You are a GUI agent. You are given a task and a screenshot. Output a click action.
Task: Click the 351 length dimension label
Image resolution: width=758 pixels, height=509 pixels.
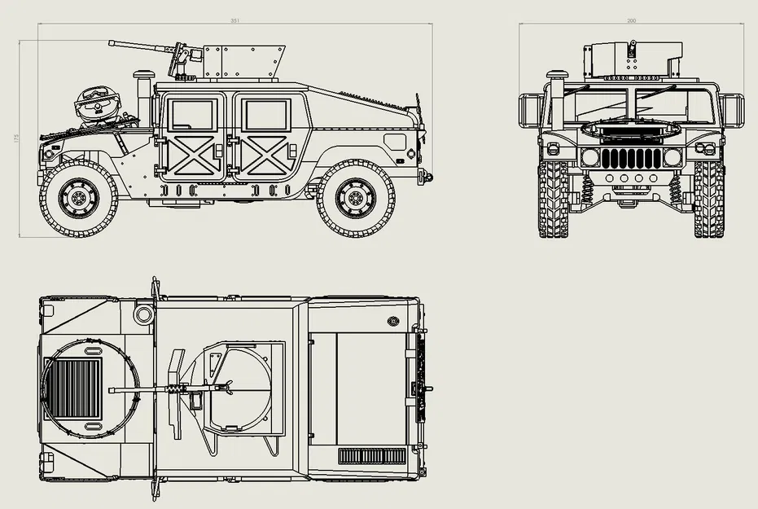[235, 20]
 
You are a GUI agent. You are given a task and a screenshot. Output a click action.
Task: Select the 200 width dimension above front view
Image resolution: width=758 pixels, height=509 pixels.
[632, 20]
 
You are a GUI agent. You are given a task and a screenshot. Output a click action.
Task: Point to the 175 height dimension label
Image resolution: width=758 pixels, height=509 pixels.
[15, 138]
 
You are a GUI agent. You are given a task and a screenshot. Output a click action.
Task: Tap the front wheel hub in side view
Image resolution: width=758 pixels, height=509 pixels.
[79, 198]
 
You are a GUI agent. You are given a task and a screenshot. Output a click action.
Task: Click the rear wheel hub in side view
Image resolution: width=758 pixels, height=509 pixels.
[356, 198]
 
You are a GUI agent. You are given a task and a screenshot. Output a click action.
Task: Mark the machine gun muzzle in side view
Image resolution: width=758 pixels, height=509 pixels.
[112, 42]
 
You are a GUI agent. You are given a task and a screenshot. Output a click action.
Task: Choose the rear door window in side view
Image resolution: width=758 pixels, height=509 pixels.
[266, 115]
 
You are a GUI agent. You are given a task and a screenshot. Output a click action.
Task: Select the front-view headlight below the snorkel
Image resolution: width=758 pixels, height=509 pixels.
[590, 157]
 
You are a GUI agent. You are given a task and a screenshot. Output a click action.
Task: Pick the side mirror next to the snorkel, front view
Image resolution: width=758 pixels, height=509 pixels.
[531, 111]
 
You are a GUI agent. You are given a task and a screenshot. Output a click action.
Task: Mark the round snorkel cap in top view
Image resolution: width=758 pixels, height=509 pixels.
[144, 314]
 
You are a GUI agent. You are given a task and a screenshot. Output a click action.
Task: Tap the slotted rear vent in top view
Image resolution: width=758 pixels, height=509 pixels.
[372, 456]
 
